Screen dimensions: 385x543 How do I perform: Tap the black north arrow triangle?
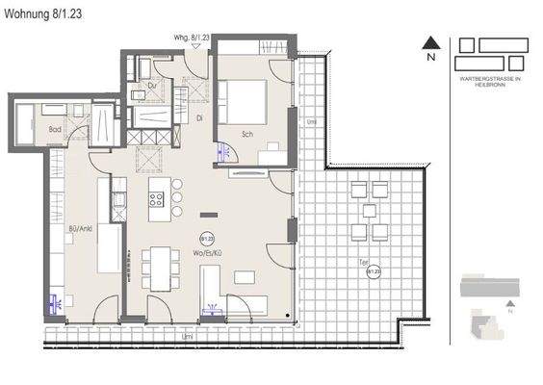tap(432, 41)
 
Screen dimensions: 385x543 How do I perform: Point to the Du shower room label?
tap(152, 85)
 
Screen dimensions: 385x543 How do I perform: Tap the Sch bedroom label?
tap(247, 134)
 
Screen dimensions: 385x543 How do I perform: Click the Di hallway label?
tap(199, 118)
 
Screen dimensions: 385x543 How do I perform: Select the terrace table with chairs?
tap(369, 211)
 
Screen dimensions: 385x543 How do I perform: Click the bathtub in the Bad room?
tap(27, 123)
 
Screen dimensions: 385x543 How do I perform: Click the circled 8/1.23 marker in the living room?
tap(205, 239)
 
